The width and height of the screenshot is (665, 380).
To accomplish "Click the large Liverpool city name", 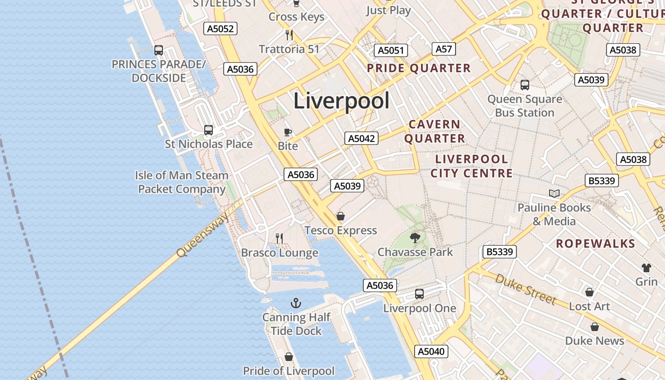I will (x=342, y=101).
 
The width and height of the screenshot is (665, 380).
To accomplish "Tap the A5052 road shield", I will (x=220, y=28).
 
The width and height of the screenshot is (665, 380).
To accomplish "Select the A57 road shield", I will (x=444, y=49).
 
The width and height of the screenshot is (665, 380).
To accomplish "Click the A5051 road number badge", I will (x=391, y=51).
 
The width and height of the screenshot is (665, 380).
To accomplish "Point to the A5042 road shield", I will (x=361, y=138).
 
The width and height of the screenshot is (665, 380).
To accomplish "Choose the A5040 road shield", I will (x=431, y=351).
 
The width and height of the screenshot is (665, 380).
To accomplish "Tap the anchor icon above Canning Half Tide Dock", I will (x=296, y=303).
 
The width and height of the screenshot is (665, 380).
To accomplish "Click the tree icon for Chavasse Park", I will (x=415, y=237).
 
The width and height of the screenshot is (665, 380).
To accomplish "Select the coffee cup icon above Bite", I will (x=287, y=132).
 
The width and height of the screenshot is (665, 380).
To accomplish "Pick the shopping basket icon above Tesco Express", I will (x=341, y=217).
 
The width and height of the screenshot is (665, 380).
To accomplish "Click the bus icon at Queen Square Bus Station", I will (x=525, y=85).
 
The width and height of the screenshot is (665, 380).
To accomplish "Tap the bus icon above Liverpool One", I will (x=419, y=294).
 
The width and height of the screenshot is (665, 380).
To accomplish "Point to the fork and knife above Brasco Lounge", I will (x=279, y=238).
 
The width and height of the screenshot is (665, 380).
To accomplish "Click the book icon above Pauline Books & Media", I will (x=554, y=193).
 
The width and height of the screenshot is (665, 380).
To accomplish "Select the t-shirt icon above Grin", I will (x=646, y=267).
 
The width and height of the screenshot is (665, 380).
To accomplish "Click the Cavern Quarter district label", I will (x=435, y=131).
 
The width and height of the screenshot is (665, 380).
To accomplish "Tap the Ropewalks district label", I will (x=595, y=244).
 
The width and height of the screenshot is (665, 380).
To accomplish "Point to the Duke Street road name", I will (x=525, y=289).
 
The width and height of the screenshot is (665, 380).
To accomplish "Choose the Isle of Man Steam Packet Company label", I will (x=181, y=182).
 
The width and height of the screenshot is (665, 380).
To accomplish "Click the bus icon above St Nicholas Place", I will (x=208, y=130).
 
